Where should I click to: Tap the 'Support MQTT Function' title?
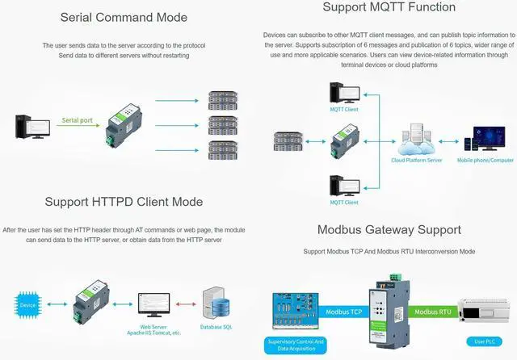pyautogui.click(x=389, y=7)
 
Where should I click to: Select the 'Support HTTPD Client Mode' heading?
pyautogui.click(x=124, y=202)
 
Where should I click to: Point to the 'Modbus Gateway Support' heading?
pyautogui.click(x=389, y=230)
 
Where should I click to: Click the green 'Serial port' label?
pyautogui.click(x=78, y=120)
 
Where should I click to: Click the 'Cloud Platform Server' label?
pyautogui.click(x=416, y=160)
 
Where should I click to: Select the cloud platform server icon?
pyautogui.click(x=416, y=138)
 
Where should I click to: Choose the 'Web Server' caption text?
pyautogui.click(x=153, y=325)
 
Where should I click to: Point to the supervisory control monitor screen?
pyautogui.click(x=295, y=308)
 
